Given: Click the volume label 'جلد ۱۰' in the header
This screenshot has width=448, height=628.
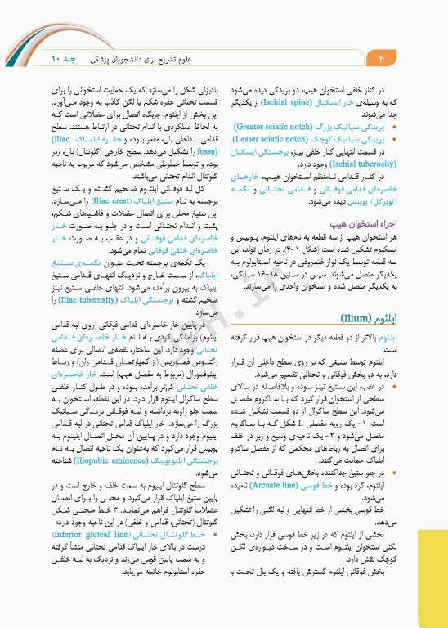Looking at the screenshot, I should click(63, 59).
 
